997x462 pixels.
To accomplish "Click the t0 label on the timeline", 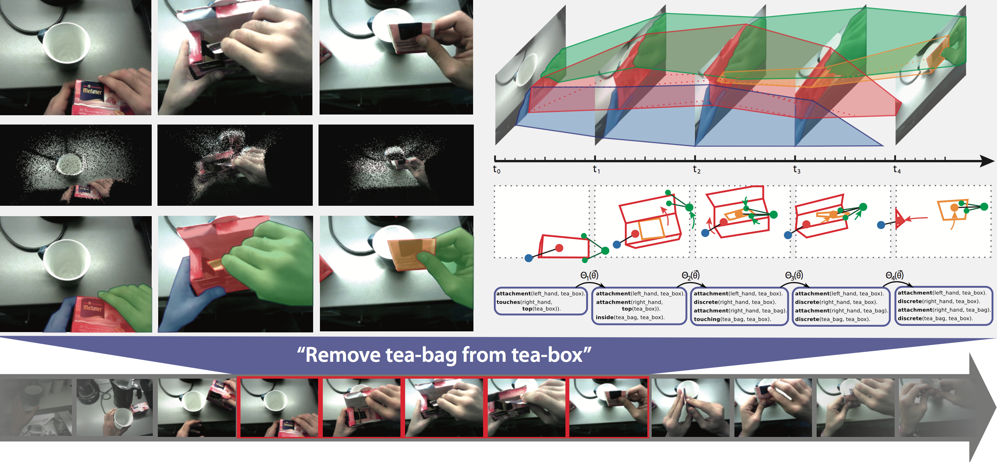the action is click(497, 170).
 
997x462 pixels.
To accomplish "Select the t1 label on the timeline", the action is click(597, 170).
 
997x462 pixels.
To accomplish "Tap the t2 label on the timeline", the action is click(697, 170).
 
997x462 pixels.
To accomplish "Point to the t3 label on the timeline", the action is click(797, 170).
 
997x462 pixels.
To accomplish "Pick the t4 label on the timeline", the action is click(897, 170).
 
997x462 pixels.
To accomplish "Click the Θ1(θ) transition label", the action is click(589, 275).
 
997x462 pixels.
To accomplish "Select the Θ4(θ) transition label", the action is click(894, 275).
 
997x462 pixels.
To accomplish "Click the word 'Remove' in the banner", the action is click(343, 355).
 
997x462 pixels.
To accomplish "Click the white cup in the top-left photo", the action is click(66, 46).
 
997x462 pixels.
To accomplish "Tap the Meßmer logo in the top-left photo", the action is click(92, 91).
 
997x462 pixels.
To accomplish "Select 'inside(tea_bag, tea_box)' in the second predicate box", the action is click(630, 317).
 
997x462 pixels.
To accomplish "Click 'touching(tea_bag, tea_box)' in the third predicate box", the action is click(733, 319).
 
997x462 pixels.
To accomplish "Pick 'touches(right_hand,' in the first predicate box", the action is click(524, 302).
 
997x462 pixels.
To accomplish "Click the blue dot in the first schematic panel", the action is click(529, 258).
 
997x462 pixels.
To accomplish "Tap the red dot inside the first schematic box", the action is click(559, 248).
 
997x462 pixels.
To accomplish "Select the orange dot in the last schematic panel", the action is click(954, 208).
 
